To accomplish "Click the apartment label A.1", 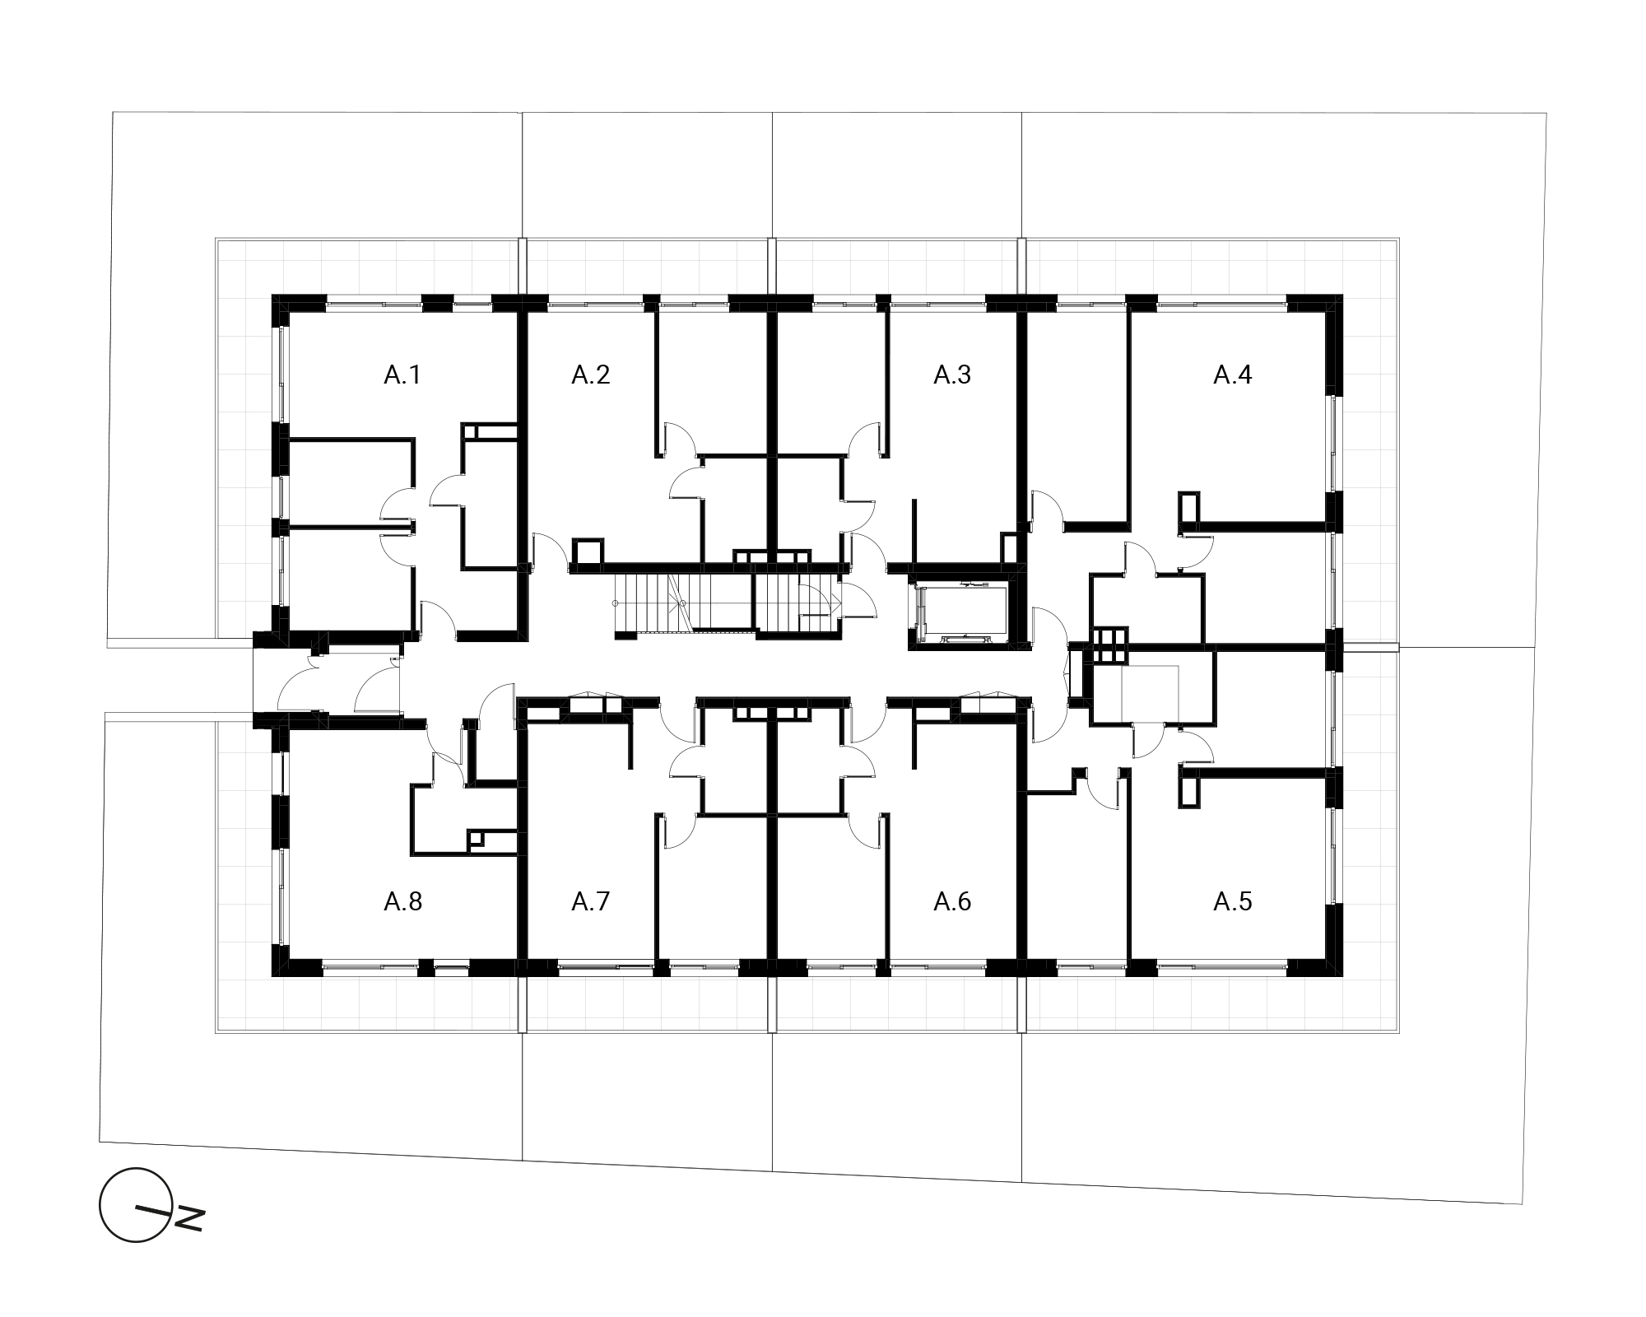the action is click(402, 375).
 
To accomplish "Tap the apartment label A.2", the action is click(590, 375).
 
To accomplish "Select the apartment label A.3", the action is click(952, 375).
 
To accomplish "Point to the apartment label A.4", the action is click(1232, 375).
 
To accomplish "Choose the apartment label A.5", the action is click(1232, 902).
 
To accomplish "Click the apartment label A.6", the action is click(952, 902).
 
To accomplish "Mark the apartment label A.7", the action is click(590, 902).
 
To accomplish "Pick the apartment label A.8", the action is click(402, 902).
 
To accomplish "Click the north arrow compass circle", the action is click(136, 1204).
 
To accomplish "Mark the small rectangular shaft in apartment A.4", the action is click(1189, 507).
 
